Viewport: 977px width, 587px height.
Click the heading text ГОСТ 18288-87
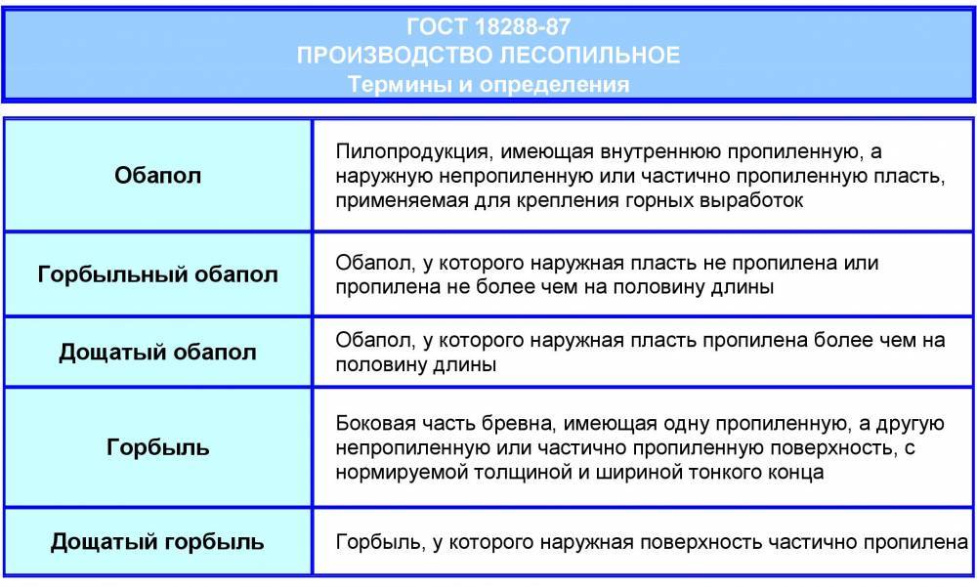coord(488,26)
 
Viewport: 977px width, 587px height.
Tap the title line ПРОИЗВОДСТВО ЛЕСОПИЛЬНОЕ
coord(488,56)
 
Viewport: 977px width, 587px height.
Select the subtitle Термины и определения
coord(488,84)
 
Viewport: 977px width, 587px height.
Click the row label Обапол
coord(157,175)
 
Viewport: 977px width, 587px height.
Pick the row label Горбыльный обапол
coord(157,274)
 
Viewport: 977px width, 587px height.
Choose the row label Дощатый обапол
coord(157,352)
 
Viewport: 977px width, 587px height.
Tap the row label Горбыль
coord(157,446)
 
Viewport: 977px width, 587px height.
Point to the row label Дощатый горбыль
coord(157,541)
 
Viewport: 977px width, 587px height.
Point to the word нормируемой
coord(402,473)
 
